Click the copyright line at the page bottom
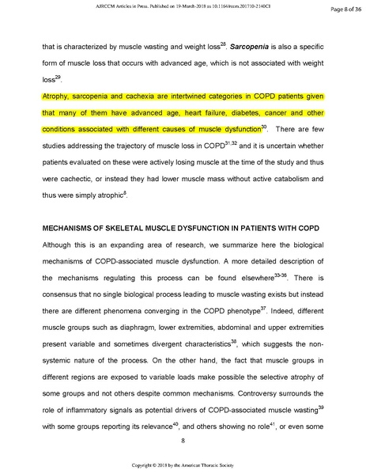point(183,466)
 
